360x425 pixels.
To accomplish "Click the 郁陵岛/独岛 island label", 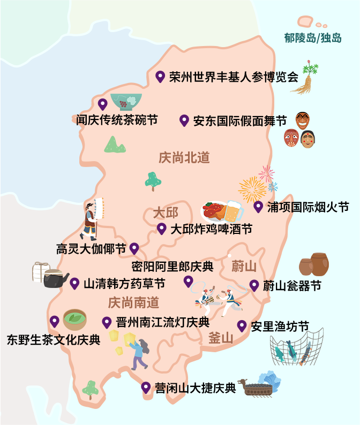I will [x=313, y=38].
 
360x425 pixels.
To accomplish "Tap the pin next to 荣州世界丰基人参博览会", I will [x=160, y=77].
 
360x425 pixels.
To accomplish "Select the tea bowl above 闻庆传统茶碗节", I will [x=126, y=101].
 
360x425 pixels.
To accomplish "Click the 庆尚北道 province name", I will [x=184, y=157].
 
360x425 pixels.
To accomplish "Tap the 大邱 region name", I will [x=166, y=212].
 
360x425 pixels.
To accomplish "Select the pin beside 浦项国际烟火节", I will [x=258, y=207].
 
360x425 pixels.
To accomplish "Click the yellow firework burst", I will [x=251, y=189].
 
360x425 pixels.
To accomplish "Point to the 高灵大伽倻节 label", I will [x=91, y=249].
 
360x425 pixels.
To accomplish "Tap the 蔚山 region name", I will [x=244, y=266].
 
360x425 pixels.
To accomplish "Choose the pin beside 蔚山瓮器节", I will [x=254, y=285].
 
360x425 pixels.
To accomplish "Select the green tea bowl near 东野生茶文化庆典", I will [x=74, y=320].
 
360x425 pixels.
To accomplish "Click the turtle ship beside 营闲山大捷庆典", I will [x=262, y=385].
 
